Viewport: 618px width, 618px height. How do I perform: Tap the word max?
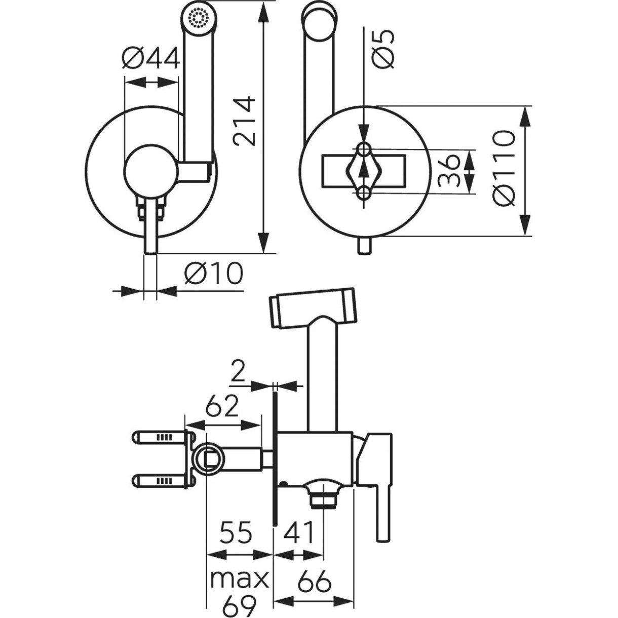point(239,578)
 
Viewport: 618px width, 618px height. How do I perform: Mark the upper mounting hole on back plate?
point(364,149)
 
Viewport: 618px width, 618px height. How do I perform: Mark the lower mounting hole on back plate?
point(364,193)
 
